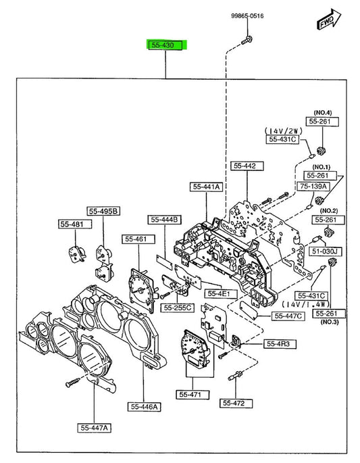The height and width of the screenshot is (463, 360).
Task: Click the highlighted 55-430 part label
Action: click(x=168, y=45)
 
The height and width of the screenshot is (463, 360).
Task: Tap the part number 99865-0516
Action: click(x=247, y=16)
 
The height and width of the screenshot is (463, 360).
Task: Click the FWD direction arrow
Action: click(x=329, y=20)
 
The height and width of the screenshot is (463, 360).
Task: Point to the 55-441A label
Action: click(x=206, y=187)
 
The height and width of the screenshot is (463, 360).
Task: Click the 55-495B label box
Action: click(x=103, y=212)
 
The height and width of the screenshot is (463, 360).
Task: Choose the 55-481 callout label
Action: click(x=75, y=224)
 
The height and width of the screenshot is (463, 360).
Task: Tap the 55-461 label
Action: click(x=138, y=239)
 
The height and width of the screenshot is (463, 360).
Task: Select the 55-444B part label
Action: click(x=164, y=220)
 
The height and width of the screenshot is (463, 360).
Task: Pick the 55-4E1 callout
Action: click(x=221, y=293)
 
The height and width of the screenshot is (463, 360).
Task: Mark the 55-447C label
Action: click(x=288, y=316)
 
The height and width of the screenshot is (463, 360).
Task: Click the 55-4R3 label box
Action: click(x=280, y=344)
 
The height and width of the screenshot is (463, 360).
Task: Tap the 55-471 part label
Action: click(x=192, y=395)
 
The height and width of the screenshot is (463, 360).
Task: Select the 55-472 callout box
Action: click(x=236, y=403)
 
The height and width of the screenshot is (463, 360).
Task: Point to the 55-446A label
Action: click(x=144, y=407)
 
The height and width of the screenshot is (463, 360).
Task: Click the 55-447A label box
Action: click(x=94, y=428)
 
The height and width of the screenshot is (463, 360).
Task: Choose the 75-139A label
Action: click(x=313, y=187)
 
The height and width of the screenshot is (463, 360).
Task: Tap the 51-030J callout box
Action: click(x=325, y=251)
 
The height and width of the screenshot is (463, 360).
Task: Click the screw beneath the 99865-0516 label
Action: click(x=247, y=41)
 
